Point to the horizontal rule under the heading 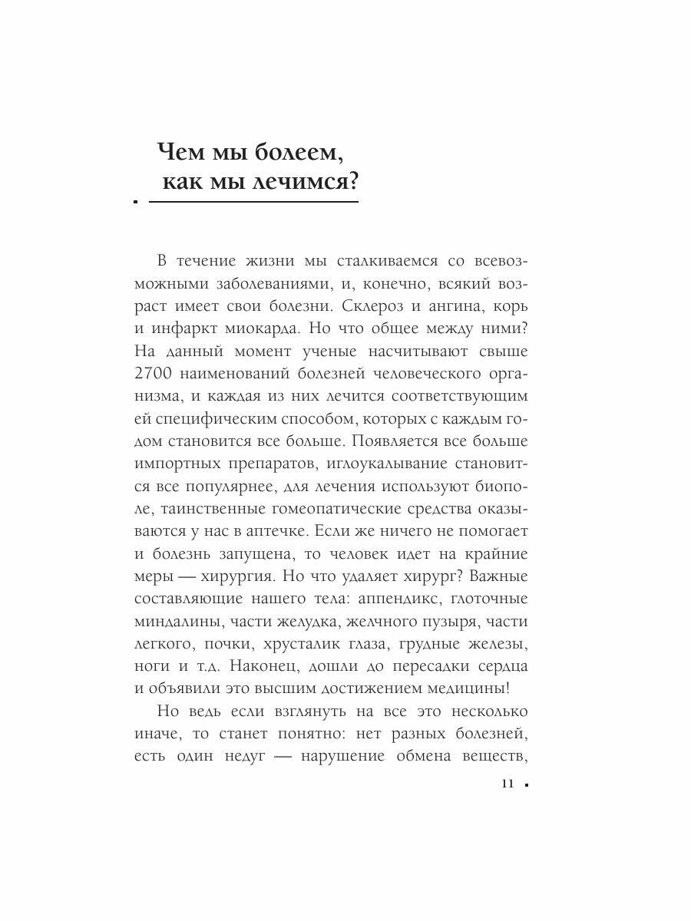coord(253,203)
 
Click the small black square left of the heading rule coord(134,203)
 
